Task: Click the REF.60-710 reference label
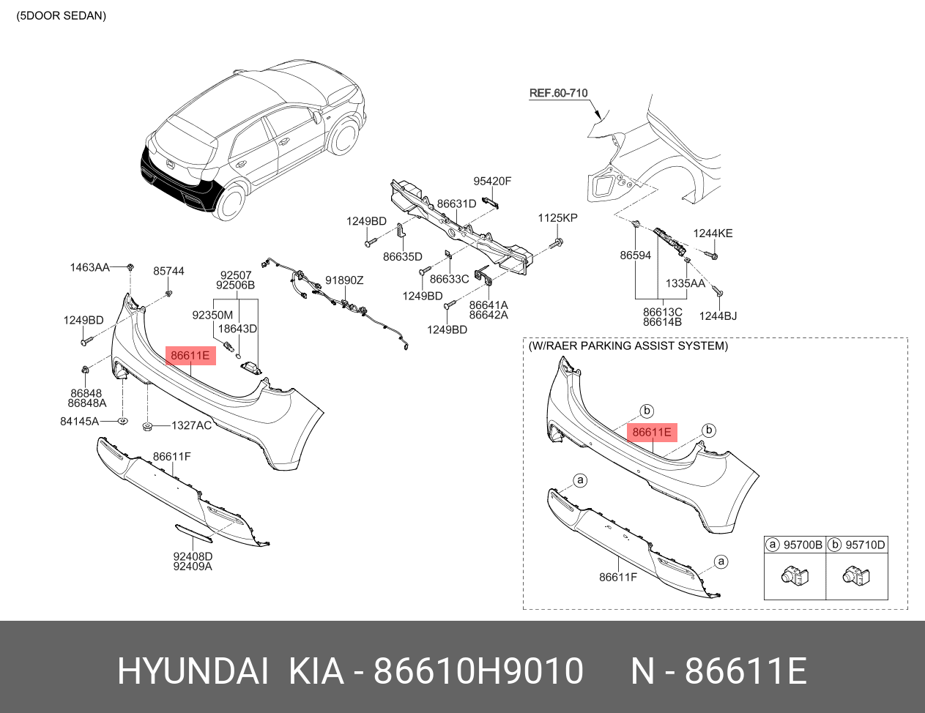pyautogui.click(x=558, y=93)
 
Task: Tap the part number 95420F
pyautogui.click(x=491, y=182)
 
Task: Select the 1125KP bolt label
pyautogui.click(x=557, y=218)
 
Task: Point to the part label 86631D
pyautogui.click(x=456, y=204)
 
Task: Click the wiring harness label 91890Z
pyautogui.click(x=344, y=280)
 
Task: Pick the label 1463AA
pyautogui.click(x=89, y=268)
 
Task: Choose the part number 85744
pyautogui.click(x=168, y=272)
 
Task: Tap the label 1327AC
pyautogui.click(x=191, y=425)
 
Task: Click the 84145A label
pyautogui.click(x=79, y=422)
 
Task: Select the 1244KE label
pyautogui.click(x=713, y=234)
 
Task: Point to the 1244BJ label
pyautogui.click(x=718, y=316)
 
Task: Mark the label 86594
pyautogui.click(x=635, y=255)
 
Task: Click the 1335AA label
pyautogui.click(x=685, y=283)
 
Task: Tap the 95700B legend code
pyautogui.click(x=803, y=545)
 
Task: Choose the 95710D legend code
pyautogui.click(x=865, y=545)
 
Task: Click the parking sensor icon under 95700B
pyautogui.click(x=793, y=576)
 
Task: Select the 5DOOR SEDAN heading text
pyautogui.click(x=62, y=16)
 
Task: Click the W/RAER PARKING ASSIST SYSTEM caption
pyautogui.click(x=628, y=346)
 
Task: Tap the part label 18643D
pyautogui.click(x=237, y=329)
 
